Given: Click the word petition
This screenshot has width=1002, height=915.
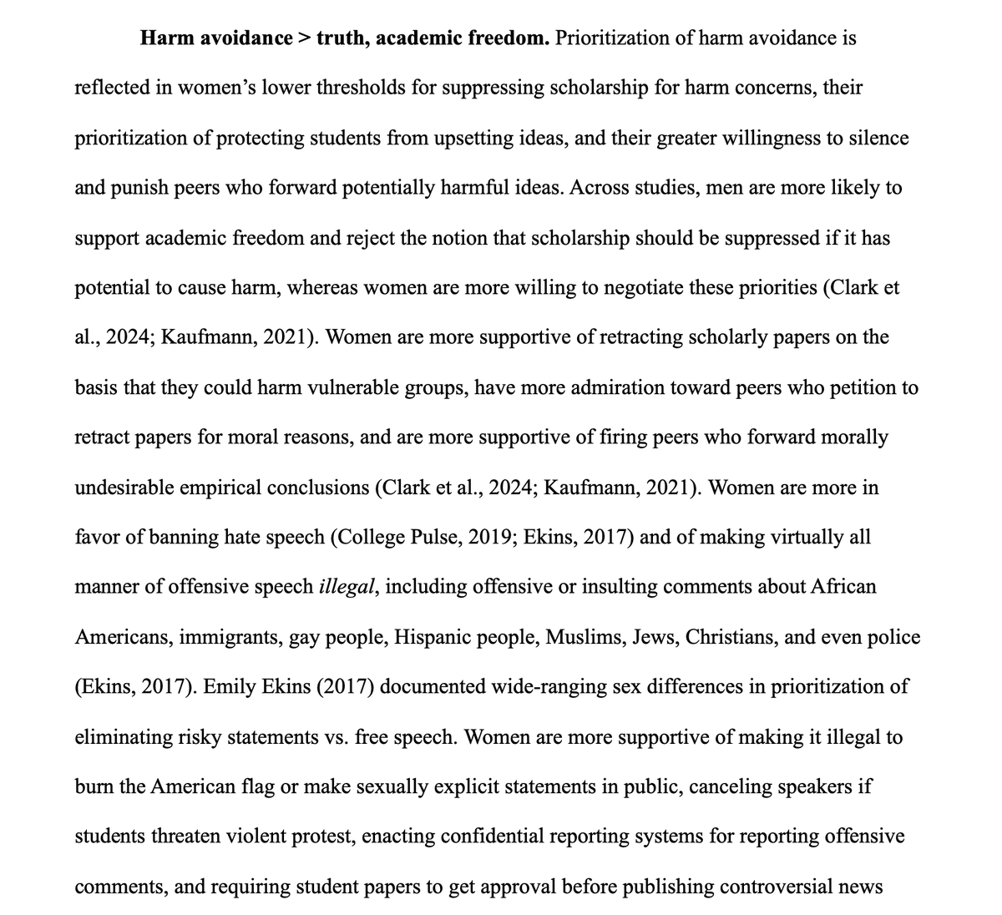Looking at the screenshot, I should tap(859, 387).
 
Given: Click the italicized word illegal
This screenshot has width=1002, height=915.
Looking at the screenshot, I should tap(348, 587).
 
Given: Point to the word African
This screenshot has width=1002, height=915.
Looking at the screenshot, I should tap(843, 587).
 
